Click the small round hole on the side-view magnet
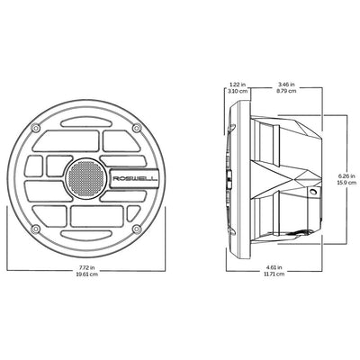click(312, 193)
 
